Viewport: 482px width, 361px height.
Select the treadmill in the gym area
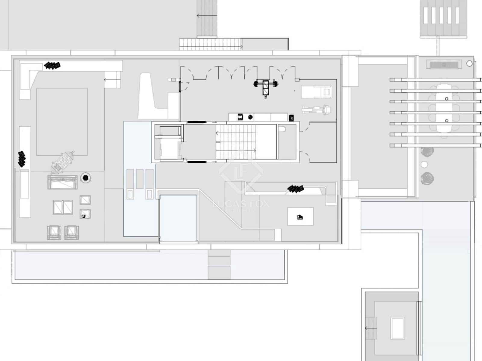pos(317,91)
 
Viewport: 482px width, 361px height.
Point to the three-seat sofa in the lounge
pos(62,182)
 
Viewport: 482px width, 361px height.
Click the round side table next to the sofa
pos(86,178)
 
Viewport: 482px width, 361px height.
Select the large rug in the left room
pos(62,122)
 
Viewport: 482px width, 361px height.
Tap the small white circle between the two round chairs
pos(424,165)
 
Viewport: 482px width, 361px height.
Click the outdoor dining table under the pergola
pos(446,109)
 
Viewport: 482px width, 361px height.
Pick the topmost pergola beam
pos(435,80)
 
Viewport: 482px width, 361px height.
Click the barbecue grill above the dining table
pos(443,64)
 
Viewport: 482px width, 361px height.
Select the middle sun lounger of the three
pos(140,179)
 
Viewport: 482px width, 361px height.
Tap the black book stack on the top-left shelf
pos(52,65)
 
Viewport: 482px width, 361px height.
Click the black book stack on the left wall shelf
pos(22,159)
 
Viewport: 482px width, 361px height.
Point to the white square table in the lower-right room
pos(300,217)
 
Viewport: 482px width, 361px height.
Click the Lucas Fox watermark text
pos(241,204)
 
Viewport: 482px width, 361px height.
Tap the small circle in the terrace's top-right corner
pos(469,63)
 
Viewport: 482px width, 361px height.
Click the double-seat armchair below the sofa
pos(63,207)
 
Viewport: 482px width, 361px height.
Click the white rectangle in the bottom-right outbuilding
pos(397,328)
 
